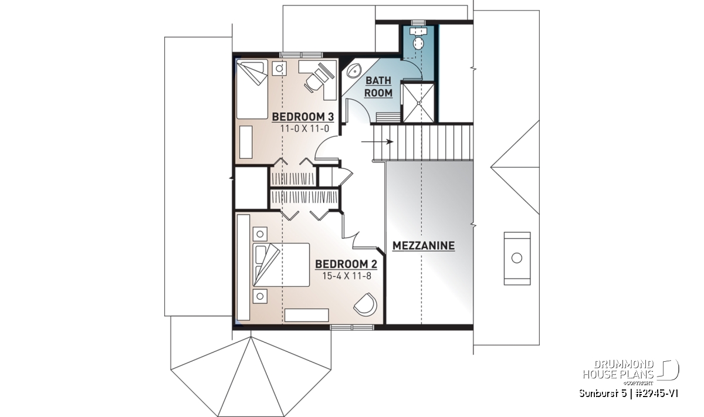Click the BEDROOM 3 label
(303, 117)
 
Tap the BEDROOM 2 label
(346, 265)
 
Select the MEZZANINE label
(424, 246)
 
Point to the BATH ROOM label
(378, 87)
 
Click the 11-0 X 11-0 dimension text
(304, 128)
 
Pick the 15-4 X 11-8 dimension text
(347, 276)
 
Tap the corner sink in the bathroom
(354, 71)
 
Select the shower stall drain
(419, 103)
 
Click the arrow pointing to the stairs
(377, 142)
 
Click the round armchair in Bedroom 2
(365, 304)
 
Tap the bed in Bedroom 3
(252, 89)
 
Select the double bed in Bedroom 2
(281, 265)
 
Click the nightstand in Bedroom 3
(279, 68)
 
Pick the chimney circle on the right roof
(517, 258)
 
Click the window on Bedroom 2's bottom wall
(352, 327)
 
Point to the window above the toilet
(418, 23)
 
